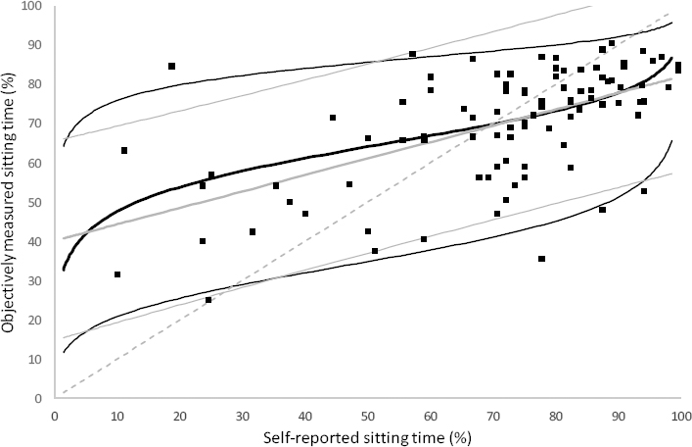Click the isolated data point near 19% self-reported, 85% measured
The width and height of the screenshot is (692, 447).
pyautogui.click(x=171, y=67)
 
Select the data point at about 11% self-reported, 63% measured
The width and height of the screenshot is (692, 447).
pyautogui.click(x=124, y=150)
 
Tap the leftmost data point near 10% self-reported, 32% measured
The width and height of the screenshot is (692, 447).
pyautogui.click(x=117, y=274)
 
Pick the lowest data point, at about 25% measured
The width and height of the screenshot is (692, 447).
pyautogui.click(x=208, y=300)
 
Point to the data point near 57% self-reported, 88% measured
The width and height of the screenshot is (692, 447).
pyautogui.click(x=412, y=54)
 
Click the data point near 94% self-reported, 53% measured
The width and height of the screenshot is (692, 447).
pyautogui.click(x=644, y=191)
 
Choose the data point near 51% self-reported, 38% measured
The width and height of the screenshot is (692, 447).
pyautogui.click(x=375, y=251)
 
